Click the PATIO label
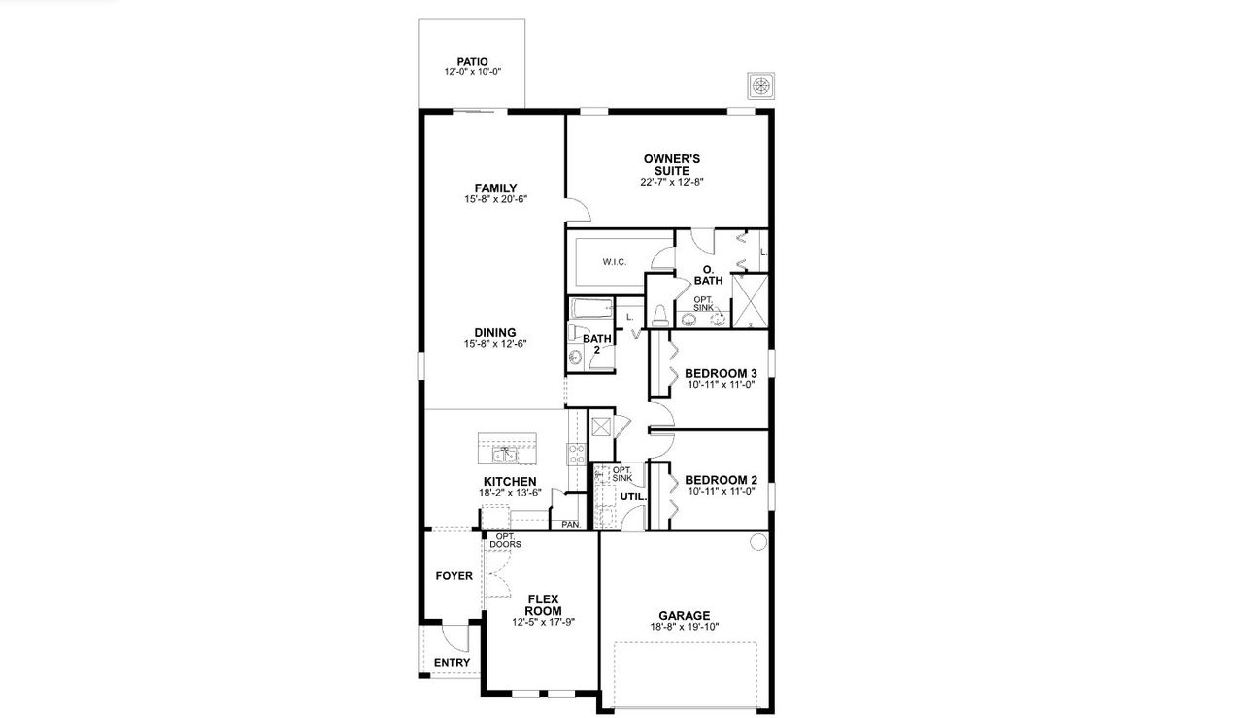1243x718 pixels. (x=472, y=61)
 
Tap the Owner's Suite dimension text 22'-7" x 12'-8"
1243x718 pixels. (x=671, y=182)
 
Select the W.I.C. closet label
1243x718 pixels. (x=613, y=261)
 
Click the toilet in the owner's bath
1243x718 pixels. (x=660, y=314)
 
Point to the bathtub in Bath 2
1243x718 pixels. (x=591, y=310)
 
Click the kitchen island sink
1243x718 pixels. (x=505, y=454)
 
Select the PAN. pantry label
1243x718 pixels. (x=570, y=525)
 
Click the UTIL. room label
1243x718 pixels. (x=633, y=496)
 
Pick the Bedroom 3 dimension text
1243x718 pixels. (x=721, y=385)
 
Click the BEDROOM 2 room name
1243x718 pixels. (x=721, y=480)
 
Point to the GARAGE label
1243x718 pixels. (x=684, y=615)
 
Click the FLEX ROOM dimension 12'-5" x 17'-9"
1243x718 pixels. (x=544, y=622)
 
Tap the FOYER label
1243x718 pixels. (x=454, y=576)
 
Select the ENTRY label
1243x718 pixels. (x=452, y=663)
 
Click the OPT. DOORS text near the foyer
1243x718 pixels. (x=506, y=540)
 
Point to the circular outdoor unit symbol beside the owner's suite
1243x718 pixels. (x=761, y=85)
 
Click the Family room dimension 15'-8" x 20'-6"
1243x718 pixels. (x=495, y=199)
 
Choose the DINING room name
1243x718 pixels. (x=495, y=332)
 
